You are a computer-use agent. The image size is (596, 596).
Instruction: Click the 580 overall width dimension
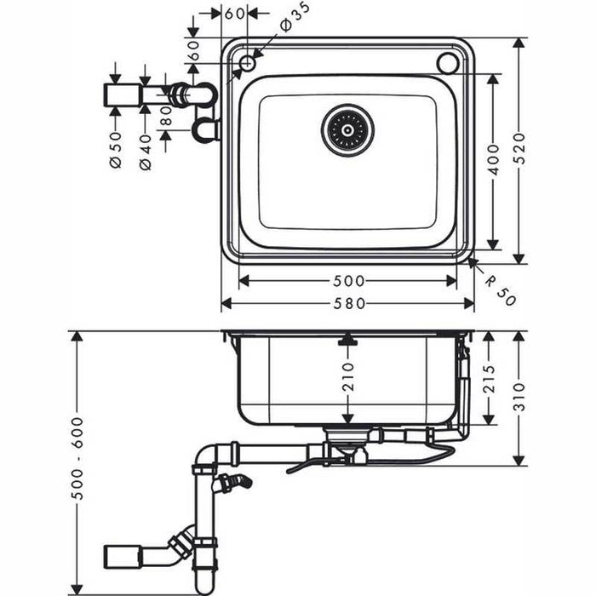pyautogui.click(x=347, y=303)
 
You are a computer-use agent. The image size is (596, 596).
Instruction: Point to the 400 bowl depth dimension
pyautogui.click(x=493, y=160)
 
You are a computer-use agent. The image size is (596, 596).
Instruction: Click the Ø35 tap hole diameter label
pyautogui.click(x=295, y=18)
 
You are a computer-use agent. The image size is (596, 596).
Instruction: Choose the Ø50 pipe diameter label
pyautogui.click(x=116, y=150)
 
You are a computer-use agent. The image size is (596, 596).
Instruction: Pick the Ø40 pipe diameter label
pyautogui.click(x=145, y=152)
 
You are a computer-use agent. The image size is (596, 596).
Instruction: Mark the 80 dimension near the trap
pyautogui.click(x=165, y=115)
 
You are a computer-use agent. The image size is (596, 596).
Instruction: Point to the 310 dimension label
pyautogui.click(x=519, y=397)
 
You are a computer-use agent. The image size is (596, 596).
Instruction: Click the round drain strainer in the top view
pyautogui.click(x=347, y=130)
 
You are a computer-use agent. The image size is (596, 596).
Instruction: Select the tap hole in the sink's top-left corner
pyautogui.click(x=247, y=62)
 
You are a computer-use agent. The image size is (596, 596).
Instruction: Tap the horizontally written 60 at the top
pyautogui.click(x=235, y=14)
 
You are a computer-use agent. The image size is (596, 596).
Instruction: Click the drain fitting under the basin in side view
pyautogui.click(x=344, y=441)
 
